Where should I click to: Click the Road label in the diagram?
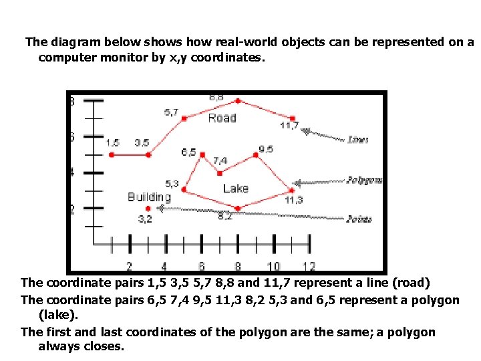222,118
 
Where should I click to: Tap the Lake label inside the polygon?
235,189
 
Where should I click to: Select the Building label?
149,197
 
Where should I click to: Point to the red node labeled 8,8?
238,101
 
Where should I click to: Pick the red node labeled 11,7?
292,118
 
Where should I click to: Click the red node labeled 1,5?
112,154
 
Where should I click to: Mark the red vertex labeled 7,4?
220,172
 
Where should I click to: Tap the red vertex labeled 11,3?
291,190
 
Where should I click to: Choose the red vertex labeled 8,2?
237,208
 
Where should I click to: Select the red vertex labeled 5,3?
184,190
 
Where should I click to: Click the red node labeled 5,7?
184,118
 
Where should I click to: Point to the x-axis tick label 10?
273,267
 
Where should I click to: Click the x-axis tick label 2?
130,267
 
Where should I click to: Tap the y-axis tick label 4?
72,172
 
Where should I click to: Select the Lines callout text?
358,140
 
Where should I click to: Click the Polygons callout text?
365,180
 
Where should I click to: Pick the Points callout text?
359,219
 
